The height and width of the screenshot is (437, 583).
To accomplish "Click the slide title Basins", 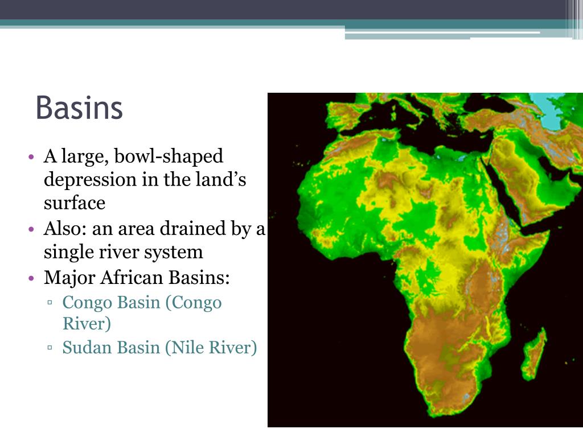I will (79, 108).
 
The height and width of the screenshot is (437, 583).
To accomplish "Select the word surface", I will (75, 203).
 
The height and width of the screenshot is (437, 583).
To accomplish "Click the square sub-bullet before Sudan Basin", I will (51, 348).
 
